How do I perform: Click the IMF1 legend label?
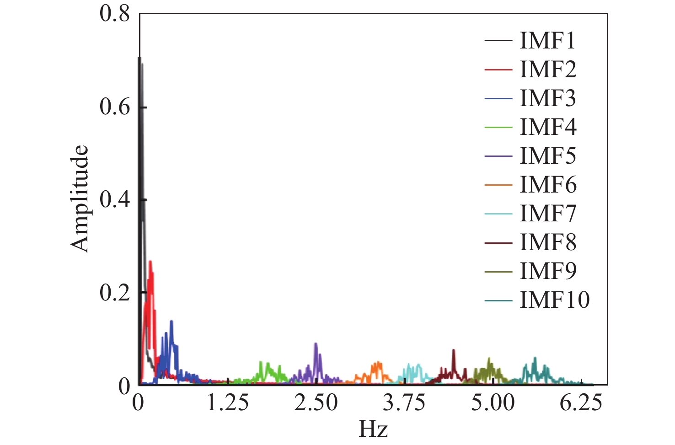click(x=547, y=41)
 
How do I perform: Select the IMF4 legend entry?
click(x=548, y=127)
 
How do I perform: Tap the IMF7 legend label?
click(x=548, y=214)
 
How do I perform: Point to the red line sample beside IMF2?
click(x=498, y=70)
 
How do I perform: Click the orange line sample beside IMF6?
click(x=498, y=185)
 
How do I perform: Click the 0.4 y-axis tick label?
click(x=115, y=200)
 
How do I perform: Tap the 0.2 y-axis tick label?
click(x=115, y=293)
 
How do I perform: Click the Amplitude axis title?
click(x=80, y=199)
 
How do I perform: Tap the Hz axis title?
click(x=373, y=429)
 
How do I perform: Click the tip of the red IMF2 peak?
click(x=150, y=261)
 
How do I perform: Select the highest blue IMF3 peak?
click(x=171, y=321)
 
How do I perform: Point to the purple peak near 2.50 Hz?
click(x=316, y=343)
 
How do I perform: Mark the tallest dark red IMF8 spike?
click(x=454, y=350)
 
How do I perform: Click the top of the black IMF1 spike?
click(x=139, y=58)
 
